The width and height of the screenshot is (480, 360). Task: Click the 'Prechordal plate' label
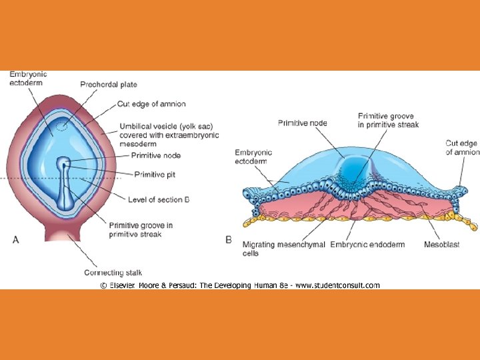[x=109, y=85]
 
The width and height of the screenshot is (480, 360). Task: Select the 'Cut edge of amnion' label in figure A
[x=151, y=104]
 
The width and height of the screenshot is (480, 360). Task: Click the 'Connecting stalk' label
[x=113, y=273]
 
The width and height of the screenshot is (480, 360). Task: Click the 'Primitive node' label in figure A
[x=155, y=155]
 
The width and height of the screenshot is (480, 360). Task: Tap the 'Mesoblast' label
[x=441, y=245]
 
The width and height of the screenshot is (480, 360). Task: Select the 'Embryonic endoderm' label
[x=367, y=245]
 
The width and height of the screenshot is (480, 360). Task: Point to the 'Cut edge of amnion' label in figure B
[x=462, y=147]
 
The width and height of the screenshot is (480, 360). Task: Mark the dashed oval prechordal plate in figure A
[x=61, y=127]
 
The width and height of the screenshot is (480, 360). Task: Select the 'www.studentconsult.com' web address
[x=337, y=285]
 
